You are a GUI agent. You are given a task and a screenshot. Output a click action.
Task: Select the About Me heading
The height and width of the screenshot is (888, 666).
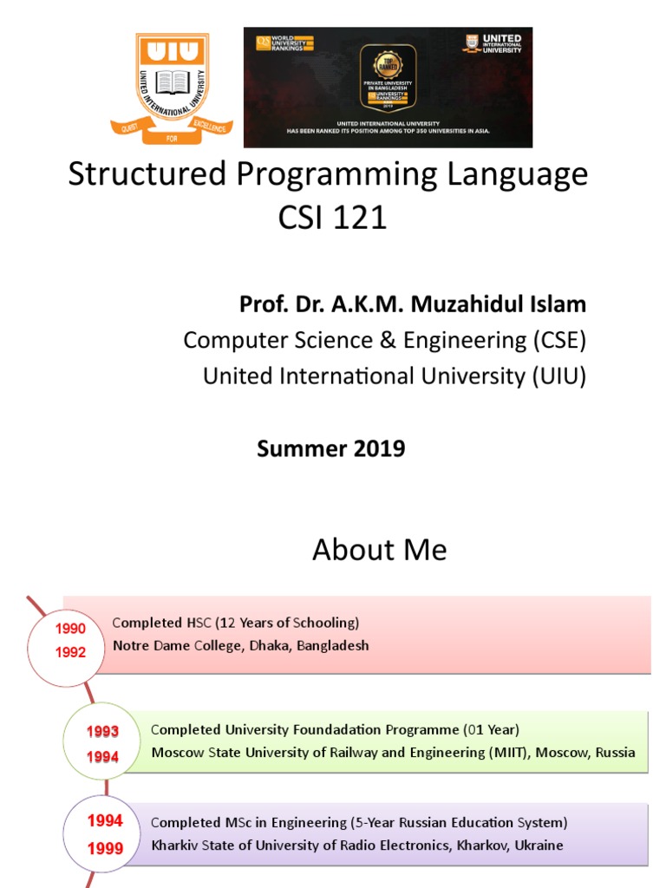click(380, 550)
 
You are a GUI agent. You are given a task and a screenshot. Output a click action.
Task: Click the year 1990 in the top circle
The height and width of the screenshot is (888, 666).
click(71, 629)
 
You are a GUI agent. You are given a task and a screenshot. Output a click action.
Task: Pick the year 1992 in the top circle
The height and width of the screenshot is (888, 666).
click(71, 652)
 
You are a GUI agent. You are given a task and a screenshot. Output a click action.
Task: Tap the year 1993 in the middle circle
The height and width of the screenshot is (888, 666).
click(102, 732)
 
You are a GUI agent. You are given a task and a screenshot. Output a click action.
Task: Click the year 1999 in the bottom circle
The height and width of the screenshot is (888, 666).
click(106, 848)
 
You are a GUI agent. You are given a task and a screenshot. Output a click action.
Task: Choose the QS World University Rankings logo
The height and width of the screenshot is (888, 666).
click(284, 42)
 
